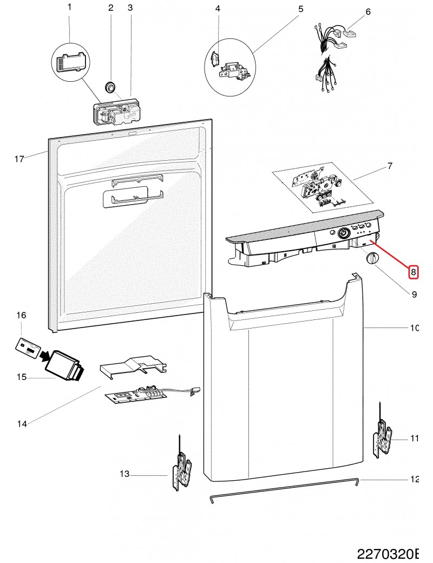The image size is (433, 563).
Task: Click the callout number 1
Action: point(69,7)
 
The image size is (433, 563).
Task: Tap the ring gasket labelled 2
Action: point(110,86)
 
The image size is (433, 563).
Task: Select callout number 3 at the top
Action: point(130,8)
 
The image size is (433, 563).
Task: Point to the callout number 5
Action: point(300,9)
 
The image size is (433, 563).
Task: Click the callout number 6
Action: point(368,12)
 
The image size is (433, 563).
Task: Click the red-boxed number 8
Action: point(413,272)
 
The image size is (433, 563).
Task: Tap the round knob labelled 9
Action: point(371,259)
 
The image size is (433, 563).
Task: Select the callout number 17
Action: point(19,159)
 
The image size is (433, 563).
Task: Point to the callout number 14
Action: point(22,424)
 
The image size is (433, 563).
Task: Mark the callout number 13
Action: point(124,474)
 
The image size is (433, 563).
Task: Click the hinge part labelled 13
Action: point(181,471)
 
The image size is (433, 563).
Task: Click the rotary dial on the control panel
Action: point(343,234)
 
